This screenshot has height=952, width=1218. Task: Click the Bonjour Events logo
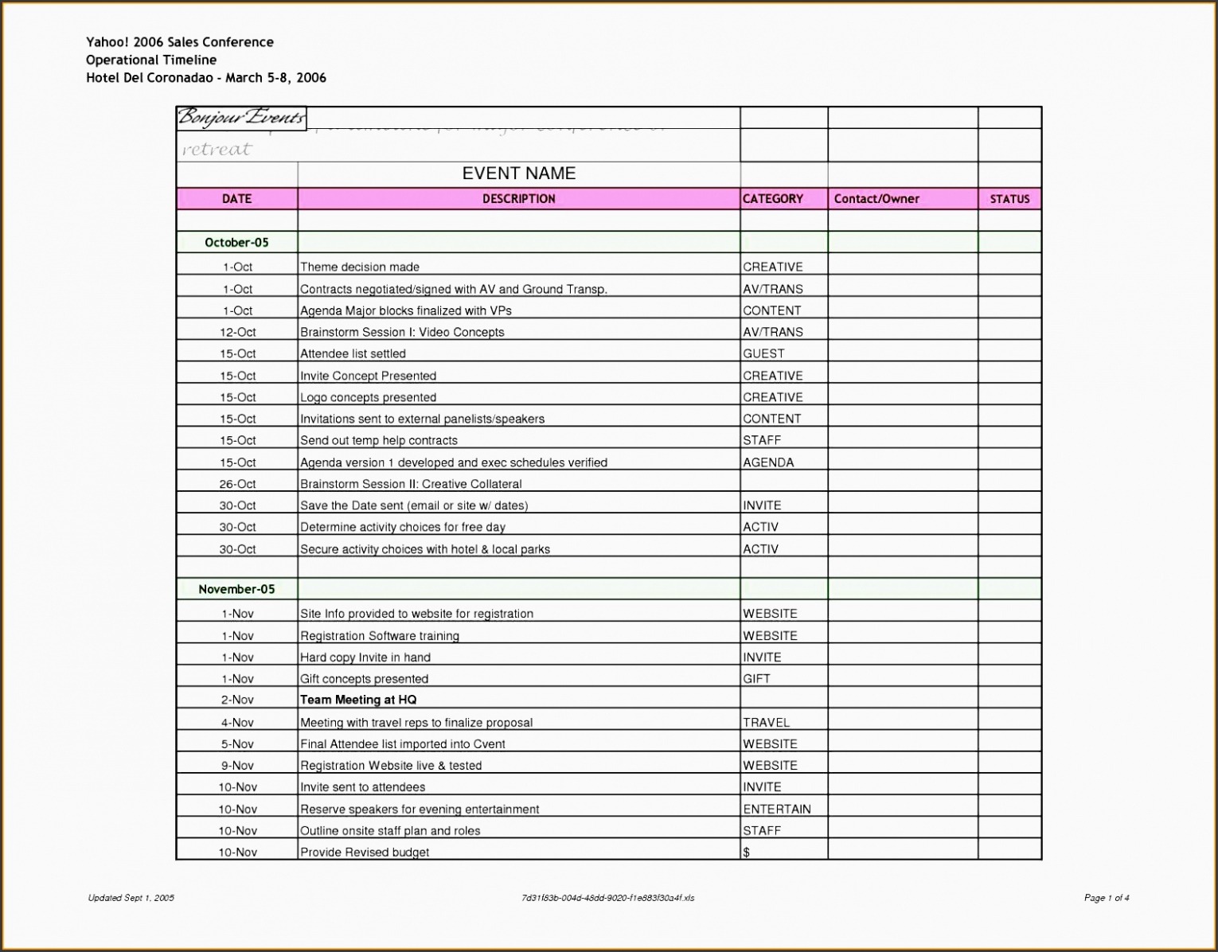pos(241,119)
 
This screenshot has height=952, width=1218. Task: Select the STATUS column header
pos(1009,199)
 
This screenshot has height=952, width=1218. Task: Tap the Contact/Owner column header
pos(876,199)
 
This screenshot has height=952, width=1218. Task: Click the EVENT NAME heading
pos(519,174)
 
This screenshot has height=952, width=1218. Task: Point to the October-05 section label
pos(236,243)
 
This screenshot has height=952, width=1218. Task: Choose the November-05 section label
pos(236,590)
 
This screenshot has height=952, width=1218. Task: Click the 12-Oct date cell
pos(238,332)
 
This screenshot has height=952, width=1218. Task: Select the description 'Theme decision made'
pos(360,267)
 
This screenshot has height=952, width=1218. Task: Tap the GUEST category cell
pos(763,353)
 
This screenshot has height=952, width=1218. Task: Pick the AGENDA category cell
pos(768,462)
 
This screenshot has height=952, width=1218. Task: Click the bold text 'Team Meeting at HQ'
pos(358,700)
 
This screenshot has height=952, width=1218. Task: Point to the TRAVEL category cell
pos(767,723)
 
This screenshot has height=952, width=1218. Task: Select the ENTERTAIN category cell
pos(777,810)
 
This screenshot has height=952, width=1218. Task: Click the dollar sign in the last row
pos(747,853)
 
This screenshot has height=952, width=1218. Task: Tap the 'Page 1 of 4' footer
pos(1107,898)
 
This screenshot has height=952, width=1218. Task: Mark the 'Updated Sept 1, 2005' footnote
pos(131,898)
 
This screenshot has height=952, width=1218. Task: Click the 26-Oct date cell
pos(238,484)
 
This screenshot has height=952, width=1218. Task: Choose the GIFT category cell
pos(756,679)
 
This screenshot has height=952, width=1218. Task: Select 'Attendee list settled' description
pos(353,353)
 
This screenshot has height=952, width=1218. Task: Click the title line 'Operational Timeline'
pos(151,60)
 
